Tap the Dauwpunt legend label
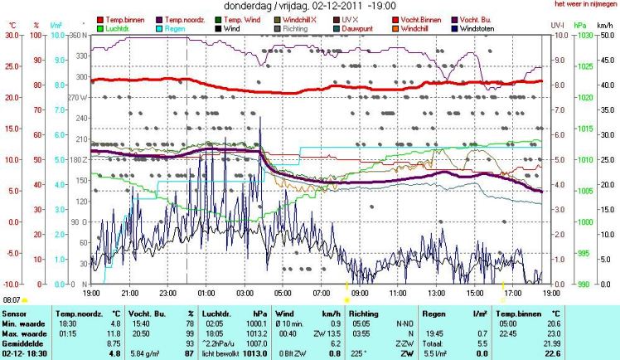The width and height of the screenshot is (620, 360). pyautogui.click(x=361, y=28)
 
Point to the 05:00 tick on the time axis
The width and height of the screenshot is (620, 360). pyautogui.click(x=282, y=292)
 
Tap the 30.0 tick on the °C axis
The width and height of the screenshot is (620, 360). pyautogui.click(x=12, y=36)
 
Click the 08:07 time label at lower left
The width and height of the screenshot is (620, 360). pyautogui.click(x=12, y=299)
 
